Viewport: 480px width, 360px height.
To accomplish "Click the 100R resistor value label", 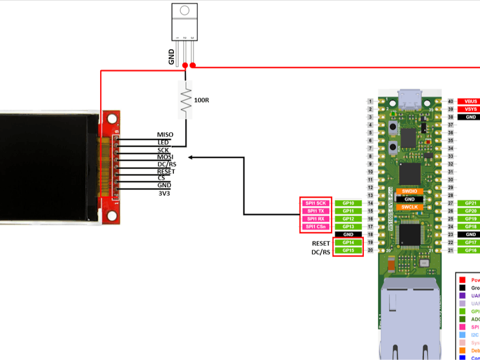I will (x=202, y=100).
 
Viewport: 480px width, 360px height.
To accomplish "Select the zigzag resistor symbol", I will (x=185, y=100).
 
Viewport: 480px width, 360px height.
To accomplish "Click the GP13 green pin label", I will (x=348, y=227).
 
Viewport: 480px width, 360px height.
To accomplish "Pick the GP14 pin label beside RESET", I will (x=348, y=243).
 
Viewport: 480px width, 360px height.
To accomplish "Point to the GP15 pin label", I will (x=348, y=251).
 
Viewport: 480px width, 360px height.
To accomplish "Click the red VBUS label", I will (x=470, y=101).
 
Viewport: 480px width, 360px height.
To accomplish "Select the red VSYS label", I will (x=470, y=109).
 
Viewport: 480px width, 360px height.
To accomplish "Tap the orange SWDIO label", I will (x=410, y=191).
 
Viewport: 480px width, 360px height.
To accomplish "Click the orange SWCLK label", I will (x=410, y=207).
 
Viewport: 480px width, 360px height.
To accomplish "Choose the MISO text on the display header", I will (x=165, y=135).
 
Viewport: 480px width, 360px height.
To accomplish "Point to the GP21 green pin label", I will (x=470, y=203).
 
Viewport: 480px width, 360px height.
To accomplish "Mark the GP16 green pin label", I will (x=470, y=250).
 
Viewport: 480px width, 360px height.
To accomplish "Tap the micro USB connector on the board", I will (x=410, y=98).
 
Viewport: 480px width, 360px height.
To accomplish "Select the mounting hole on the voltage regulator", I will (x=185, y=10).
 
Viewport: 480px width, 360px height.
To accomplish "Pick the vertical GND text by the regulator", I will (x=171, y=57).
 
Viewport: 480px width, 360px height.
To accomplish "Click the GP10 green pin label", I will (x=348, y=203).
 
